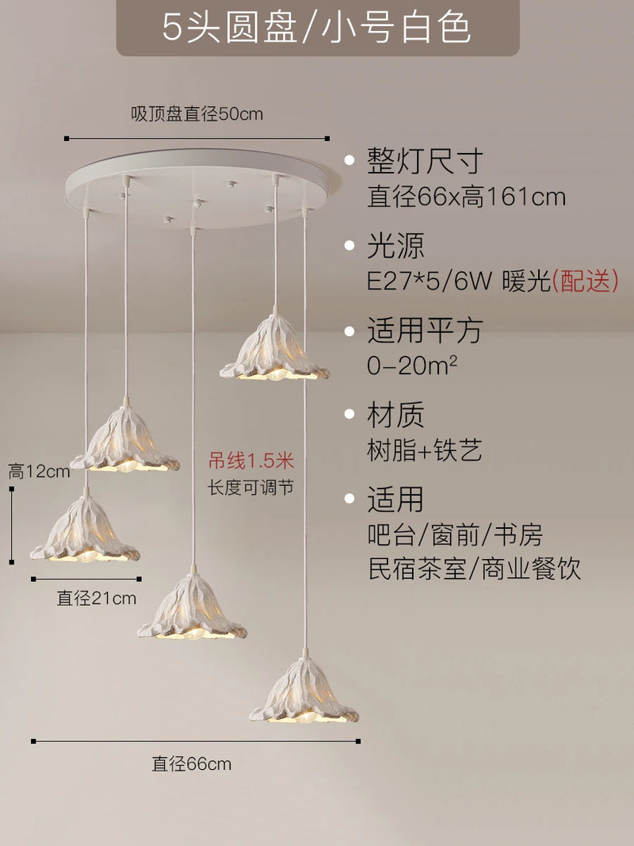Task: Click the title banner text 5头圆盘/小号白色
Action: click(x=317, y=28)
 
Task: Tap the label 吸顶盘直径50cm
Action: click(x=197, y=114)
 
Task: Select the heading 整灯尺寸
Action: click(x=424, y=162)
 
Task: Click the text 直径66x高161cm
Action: click(x=466, y=196)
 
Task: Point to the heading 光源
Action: click(x=395, y=247)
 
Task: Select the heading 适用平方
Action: click(x=424, y=331)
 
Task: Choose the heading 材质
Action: click(x=395, y=415)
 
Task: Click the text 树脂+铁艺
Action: click(x=425, y=450)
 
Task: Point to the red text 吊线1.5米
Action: click(x=251, y=460)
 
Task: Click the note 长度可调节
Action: click(x=251, y=487)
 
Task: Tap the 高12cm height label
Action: click(x=40, y=472)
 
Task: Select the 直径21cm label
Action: click(x=97, y=598)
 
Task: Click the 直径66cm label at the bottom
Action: click(x=192, y=764)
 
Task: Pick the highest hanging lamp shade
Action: click(x=274, y=350)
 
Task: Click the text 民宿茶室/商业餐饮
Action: click(x=474, y=568)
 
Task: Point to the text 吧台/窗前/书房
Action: click(x=455, y=534)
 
